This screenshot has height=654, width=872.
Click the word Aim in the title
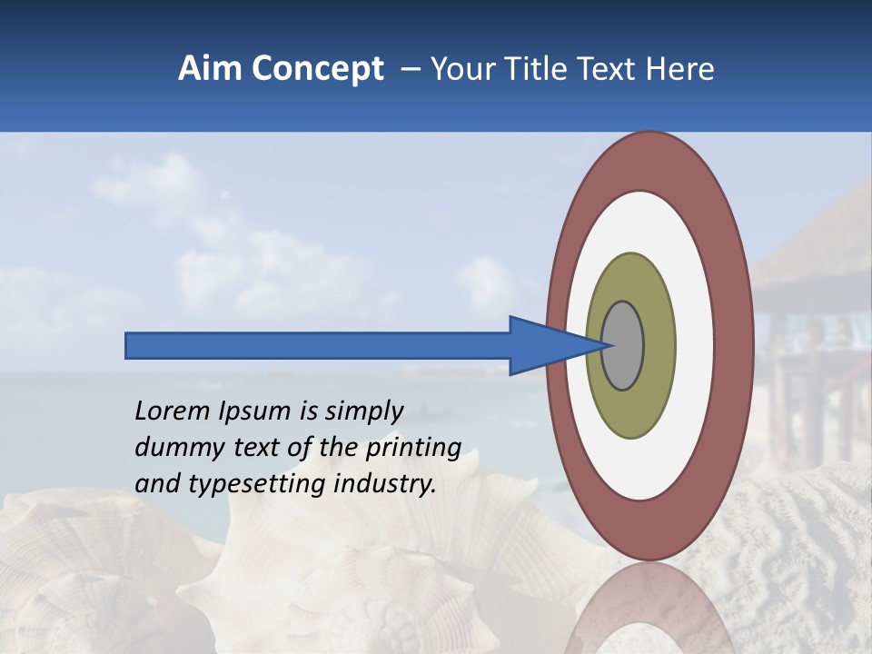pos(210,69)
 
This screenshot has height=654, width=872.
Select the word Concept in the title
pos(317,70)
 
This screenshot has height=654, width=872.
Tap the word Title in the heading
pos(530,69)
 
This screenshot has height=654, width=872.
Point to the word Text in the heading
pos(606,69)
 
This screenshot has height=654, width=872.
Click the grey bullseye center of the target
pos(622,345)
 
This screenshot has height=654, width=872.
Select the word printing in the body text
pos(413,449)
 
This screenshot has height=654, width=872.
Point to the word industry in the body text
pos(384,484)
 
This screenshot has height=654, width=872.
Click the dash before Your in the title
pos(410,70)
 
